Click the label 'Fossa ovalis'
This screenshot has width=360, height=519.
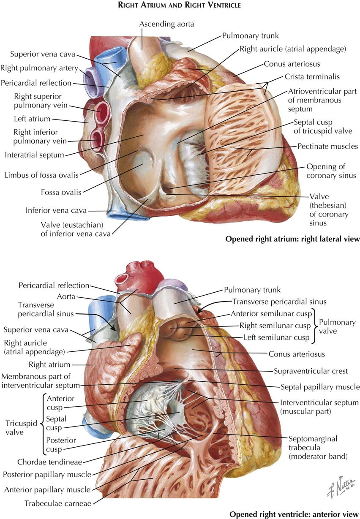[61, 192]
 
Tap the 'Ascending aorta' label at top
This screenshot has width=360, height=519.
[166, 24]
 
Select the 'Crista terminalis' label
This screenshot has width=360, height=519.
[312, 77]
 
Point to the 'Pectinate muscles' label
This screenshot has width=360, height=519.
[327, 146]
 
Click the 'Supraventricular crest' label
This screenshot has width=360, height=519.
[311, 371]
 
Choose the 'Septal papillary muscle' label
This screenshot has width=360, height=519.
[320, 387]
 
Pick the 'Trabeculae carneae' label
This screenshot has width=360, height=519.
[58, 503]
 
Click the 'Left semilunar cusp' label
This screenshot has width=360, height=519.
[276, 337]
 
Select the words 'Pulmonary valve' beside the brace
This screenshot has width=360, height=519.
[337, 326]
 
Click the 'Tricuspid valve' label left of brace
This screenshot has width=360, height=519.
[21, 428]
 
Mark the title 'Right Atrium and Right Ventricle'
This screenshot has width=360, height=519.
[180, 5]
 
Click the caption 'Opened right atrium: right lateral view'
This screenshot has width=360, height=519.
[292, 239]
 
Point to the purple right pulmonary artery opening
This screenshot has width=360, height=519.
[89, 76]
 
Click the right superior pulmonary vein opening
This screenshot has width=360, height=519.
[102, 111]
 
